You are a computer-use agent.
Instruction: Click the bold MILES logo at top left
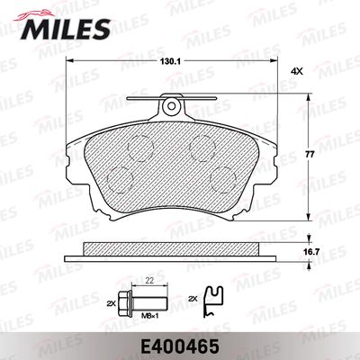[65, 28]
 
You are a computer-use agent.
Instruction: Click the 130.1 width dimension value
[170, 61]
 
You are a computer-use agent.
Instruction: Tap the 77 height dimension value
[310, 155]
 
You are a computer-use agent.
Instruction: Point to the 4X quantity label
[298, 71]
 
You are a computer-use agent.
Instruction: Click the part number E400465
[180, 346]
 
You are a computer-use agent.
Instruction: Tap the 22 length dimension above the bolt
[149, 280]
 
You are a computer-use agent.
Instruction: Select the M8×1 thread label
[149, 315]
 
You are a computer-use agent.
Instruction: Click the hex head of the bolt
[124, 301]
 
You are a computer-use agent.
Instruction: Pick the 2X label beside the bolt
[111, 303]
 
